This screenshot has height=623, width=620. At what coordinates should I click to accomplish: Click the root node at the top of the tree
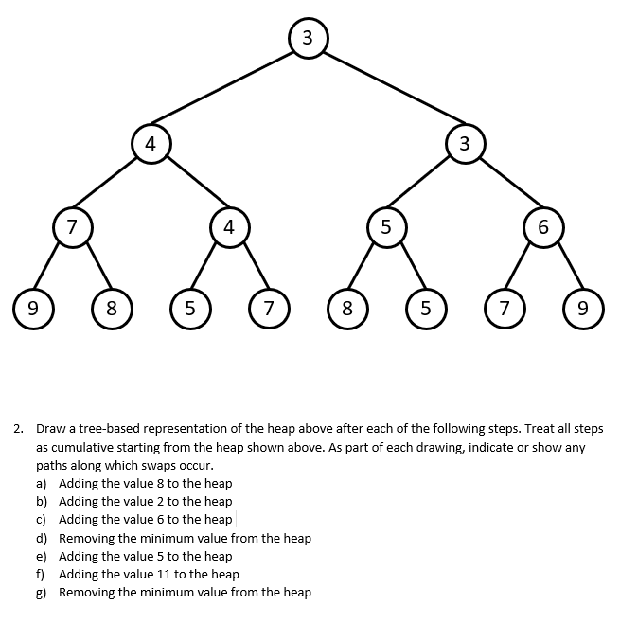click(308, 37)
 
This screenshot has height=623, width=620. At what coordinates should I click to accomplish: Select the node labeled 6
click(542, 227)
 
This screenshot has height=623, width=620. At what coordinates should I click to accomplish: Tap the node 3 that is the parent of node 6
click(464, 144)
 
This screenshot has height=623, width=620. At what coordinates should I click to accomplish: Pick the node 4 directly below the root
click(150, 144)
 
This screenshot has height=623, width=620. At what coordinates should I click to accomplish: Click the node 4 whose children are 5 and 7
click(228, 227)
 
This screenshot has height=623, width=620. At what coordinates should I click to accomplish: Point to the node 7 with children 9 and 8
click(71, 227)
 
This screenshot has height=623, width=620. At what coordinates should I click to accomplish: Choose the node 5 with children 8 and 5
click(385, 227)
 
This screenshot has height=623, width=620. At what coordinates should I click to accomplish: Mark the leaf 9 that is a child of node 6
click(582, 308)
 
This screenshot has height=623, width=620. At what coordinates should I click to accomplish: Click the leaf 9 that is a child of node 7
click(32, 308)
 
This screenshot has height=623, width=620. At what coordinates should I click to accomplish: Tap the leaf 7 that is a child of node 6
click(504, 308)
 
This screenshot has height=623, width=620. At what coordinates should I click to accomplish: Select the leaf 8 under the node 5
click(346, 308)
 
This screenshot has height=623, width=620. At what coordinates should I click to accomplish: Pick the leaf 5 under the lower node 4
click(189, 308)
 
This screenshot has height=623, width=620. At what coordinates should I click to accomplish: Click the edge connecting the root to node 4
click(228, 91)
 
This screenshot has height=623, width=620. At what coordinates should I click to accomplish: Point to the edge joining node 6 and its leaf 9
click(563, 269)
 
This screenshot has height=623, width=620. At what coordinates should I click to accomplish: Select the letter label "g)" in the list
click(44, 593)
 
